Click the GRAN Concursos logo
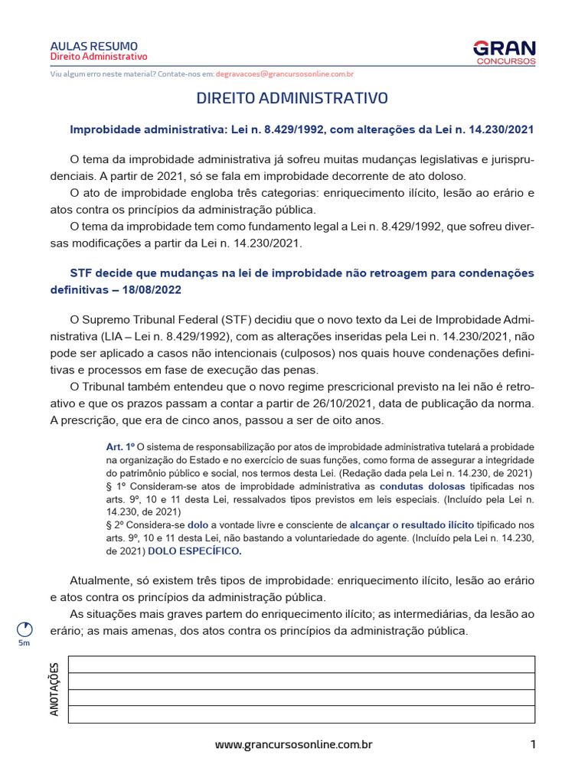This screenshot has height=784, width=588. tap(504, 51)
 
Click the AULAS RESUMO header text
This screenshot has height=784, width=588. tap(94, 46)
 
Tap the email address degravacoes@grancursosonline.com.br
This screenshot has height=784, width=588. tap(284, 74)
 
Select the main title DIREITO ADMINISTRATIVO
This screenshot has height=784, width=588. tap(292, 99)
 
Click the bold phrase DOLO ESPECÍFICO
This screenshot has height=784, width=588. tap(194, 551)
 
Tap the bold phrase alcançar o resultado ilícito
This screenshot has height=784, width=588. tap(412, 525)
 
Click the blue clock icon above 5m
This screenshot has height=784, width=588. tap(25, 629)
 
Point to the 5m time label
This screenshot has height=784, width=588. tap(25, 644)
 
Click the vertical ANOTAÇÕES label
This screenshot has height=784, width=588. tap(54, 689)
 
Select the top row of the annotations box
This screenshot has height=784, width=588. tap(302, 665)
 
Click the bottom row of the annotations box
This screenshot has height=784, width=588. tap(302, 714)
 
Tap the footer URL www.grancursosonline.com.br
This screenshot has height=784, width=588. tap(293, 744)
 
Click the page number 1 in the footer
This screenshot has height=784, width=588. tap(532, 744)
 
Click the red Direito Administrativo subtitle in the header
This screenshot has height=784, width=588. tap(99, 57)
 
